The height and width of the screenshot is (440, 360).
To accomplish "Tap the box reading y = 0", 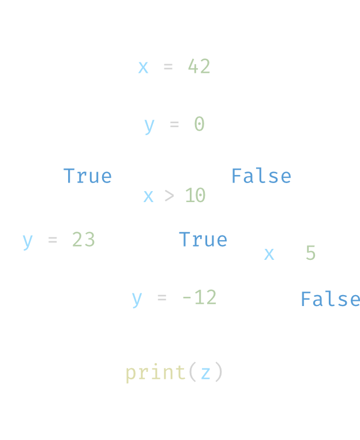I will [x=174, y=124].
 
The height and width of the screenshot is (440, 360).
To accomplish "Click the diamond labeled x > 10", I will [x=174, y=196].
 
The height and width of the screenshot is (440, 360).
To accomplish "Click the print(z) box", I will [x=174, y=372].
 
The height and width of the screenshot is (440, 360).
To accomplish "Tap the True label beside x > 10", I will [x=87, y=176].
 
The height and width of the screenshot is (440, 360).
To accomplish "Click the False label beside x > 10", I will [x=261, y=176].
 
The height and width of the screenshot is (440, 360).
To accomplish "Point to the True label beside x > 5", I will [x=202, y=239].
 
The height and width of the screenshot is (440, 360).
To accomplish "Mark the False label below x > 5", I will [x=330, y=299].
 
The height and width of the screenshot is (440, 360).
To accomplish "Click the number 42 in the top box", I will [x=199, y=66].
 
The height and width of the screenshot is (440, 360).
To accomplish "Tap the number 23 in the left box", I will [x=83, y=240].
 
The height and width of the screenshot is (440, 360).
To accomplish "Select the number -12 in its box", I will [x=199, y=298].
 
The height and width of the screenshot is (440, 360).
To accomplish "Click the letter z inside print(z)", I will [x=205, y=373].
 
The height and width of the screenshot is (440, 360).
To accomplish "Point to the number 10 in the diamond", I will [x=195, y=196].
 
